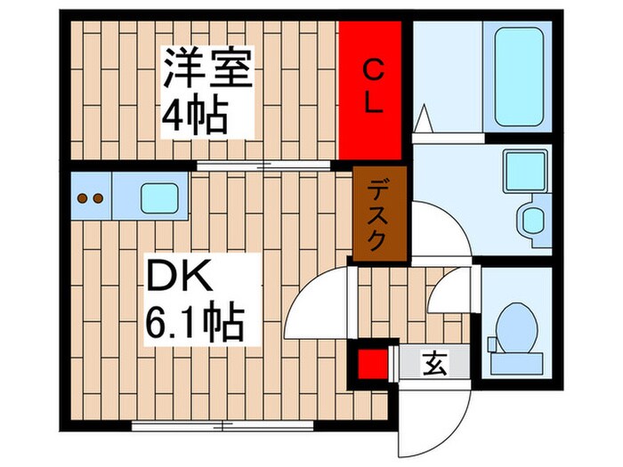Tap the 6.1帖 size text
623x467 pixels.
pyautogui.click(x=194, y=323)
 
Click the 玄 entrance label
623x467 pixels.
pyautogui.click(x=433, y=363)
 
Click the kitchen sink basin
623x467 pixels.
pyautogui.click(x=159, y=197)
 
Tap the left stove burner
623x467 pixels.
pyautogui.click(x=83, y=198)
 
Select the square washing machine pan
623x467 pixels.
pyautogui.click(x=525, y=170)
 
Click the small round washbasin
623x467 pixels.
pyautogui.click(x=533, y=219)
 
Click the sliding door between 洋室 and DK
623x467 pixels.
pyautogui.click(x=263, y=165)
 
